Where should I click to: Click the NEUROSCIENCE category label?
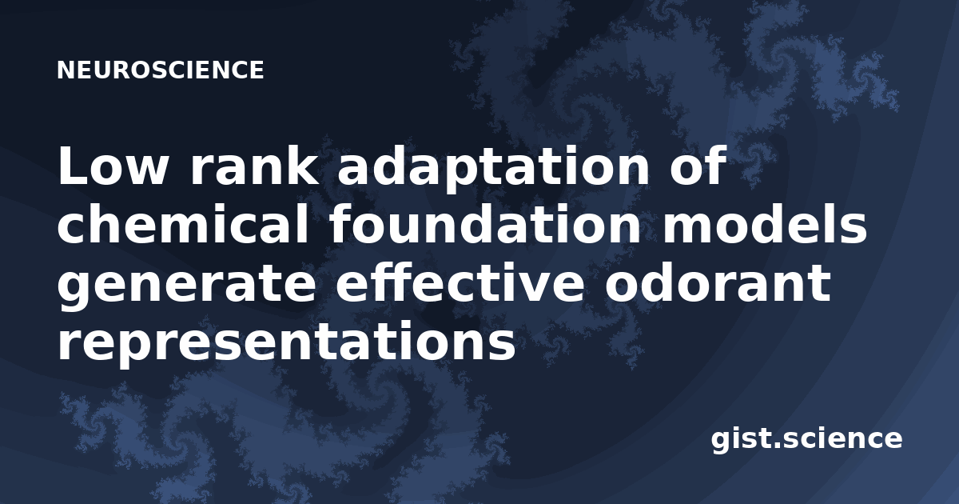(161, 70)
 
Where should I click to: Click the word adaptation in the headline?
(493, 169)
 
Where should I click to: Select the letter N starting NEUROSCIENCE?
(66, 70)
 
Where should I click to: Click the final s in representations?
(503, 346)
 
